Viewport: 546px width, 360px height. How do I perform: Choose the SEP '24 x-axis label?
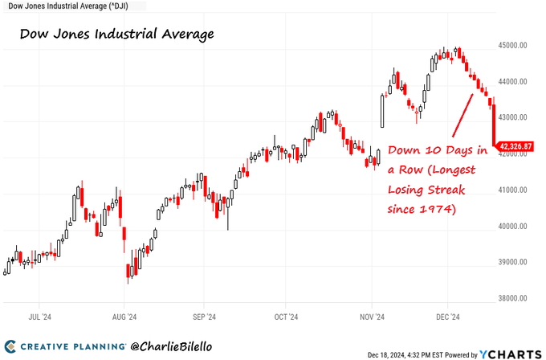[x=205, y=317]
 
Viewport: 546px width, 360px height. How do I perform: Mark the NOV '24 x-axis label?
[x=372, y=317]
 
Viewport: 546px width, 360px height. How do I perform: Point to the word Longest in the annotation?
[x=450, y=170]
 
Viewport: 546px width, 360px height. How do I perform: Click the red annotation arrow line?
[x=461, y=115]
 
